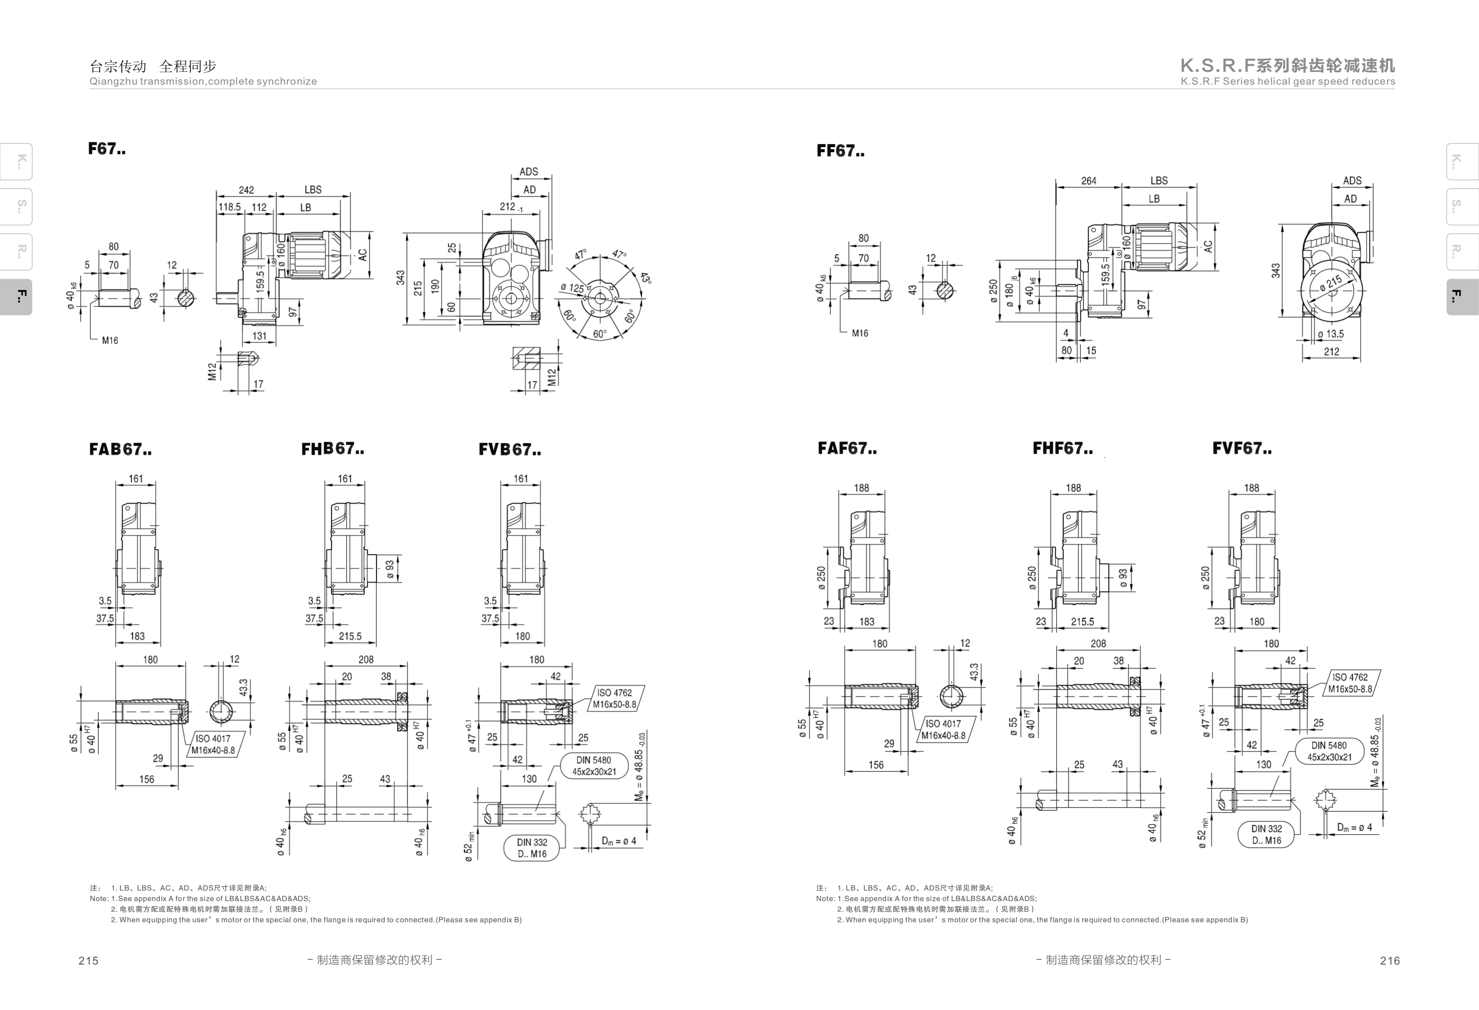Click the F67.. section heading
tap(106, 149)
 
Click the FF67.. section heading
tap(840, 152)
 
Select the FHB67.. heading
tap(332, 449)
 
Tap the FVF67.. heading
tap(1242, 449)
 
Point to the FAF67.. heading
tap(846, 449)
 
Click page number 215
tap(89, 960)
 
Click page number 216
tap(1389, 960)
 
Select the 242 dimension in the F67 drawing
tap(246, 190)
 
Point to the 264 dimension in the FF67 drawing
tap(1088, 181)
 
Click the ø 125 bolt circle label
tap(571, 288)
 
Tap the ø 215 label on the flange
tap(1330, 283)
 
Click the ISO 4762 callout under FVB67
tap(614, 698)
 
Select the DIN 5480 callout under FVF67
tap(1329, 751)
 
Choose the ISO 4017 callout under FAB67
tap(213, 744)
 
